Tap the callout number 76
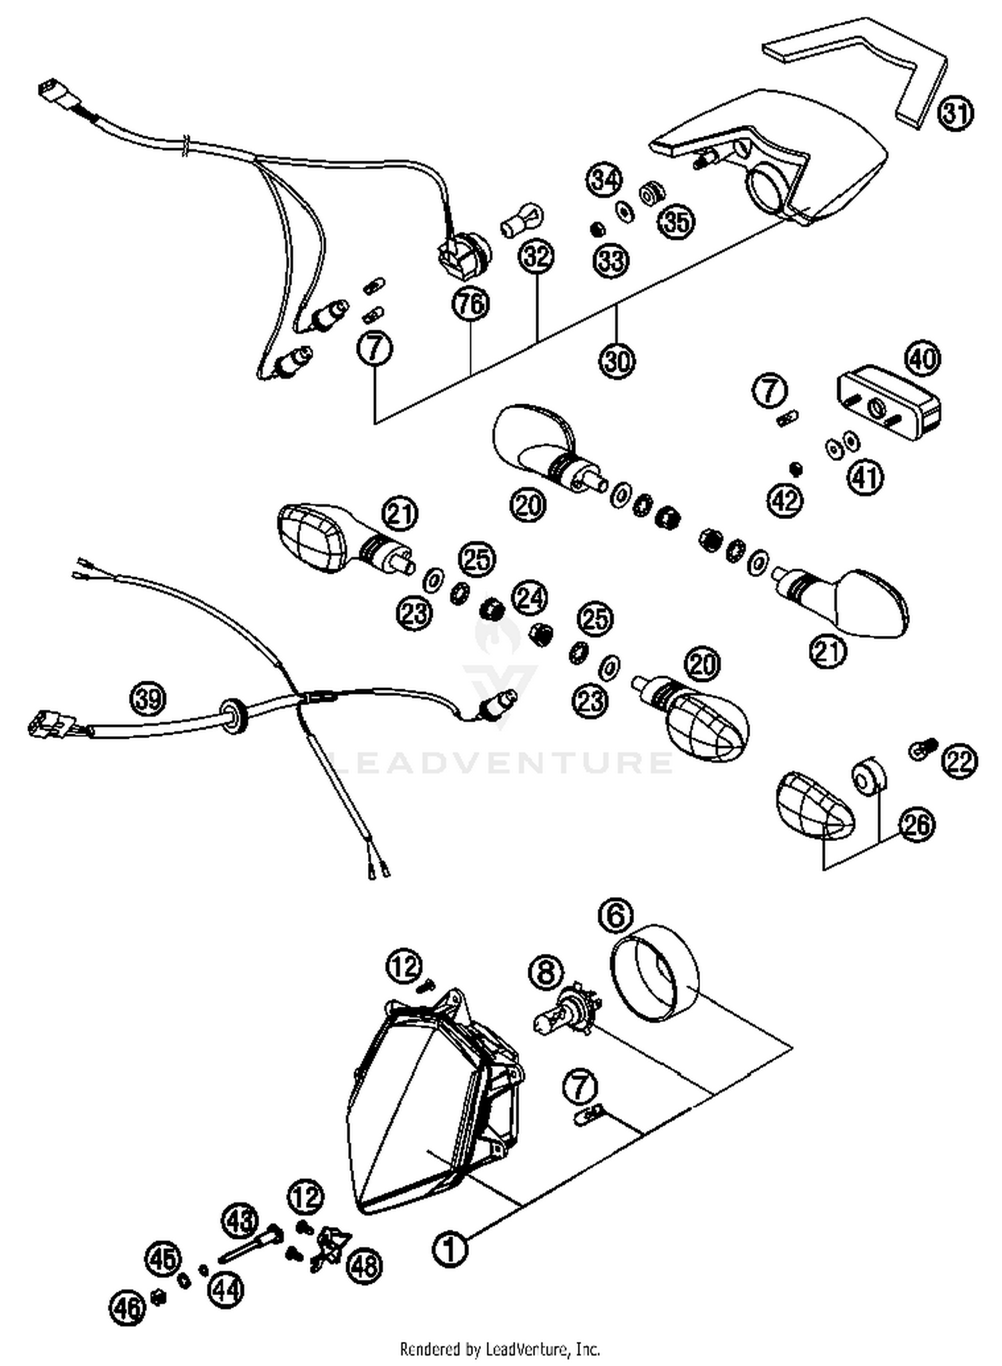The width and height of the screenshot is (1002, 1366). (x=471, y=304)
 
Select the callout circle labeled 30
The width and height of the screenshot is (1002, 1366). (x=617, y=361)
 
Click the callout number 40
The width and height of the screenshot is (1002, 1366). (x=923, y=359)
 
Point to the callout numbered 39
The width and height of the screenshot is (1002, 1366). (x=148, y=699)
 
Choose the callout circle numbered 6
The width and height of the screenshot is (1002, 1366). (x=616, y=915)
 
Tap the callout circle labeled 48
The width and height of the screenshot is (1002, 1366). (x=365, y=1266)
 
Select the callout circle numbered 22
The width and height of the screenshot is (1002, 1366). (x=960, y=761)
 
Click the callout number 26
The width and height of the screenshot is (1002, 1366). (x=916, y=825)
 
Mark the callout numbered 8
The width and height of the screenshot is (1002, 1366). (x=546, y=973)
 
